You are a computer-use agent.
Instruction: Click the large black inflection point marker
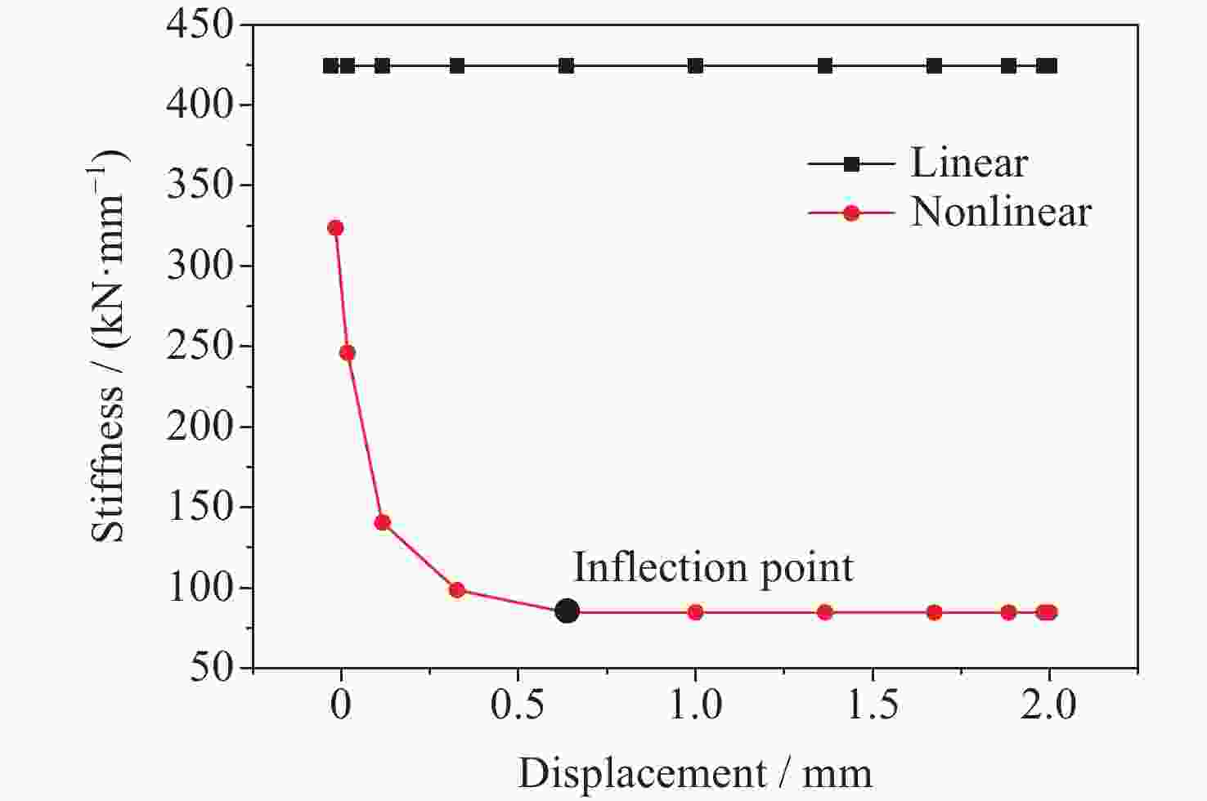567,611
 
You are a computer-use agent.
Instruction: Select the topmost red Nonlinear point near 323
335,228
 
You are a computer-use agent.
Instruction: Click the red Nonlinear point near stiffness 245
347,353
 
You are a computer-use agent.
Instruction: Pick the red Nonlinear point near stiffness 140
382,523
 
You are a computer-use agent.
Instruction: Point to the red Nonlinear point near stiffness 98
457,590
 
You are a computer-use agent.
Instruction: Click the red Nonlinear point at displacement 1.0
695,612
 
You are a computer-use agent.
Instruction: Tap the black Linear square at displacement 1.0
695,66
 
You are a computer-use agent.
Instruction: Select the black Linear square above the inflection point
566,66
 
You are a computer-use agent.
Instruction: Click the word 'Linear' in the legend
969,163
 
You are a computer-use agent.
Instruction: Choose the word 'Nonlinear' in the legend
1001,213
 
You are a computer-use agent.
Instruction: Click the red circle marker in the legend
851,213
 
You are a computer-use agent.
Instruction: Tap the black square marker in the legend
851,164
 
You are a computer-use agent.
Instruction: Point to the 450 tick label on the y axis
200,25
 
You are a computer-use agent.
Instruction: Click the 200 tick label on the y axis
200,427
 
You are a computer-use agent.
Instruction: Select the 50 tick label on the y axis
212,668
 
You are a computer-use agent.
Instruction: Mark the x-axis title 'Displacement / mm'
695,772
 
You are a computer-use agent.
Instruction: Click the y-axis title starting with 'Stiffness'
110,347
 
